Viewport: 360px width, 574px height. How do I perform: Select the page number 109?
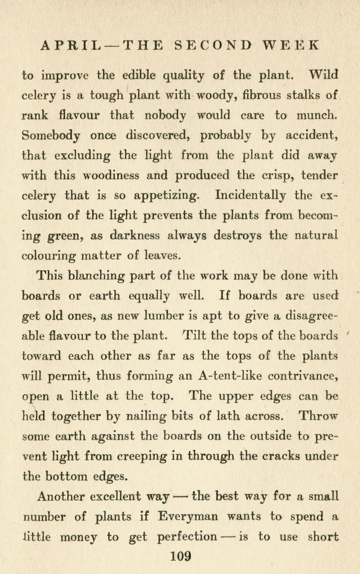[180, 556]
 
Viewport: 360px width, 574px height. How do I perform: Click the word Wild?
[324, 76]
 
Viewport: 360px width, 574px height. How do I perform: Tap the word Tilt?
[193, 335]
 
